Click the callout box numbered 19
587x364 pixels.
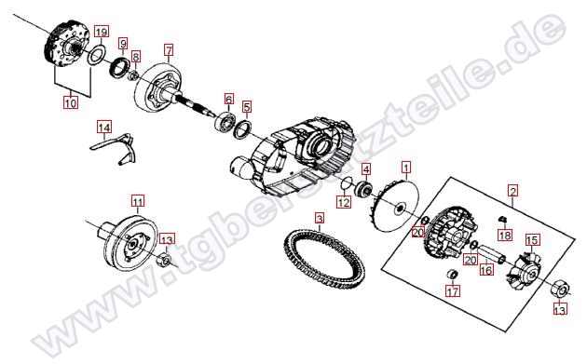click(101, 32)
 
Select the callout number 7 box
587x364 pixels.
click(169, 49)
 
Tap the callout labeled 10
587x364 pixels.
click(71, 101)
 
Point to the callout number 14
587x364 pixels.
click(104, 128)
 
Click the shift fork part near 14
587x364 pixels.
click(115, 148)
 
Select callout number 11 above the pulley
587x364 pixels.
click(138, 202)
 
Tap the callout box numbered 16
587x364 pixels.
click(486, 269)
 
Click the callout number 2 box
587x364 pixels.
click(512, 191)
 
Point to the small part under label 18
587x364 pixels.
click(503, 219)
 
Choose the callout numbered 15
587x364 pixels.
click(532, 240)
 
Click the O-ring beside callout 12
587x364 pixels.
click(347, 182)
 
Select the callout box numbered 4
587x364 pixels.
click(366, 169)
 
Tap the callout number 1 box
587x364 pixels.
click(406, 167)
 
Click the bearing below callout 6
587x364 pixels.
click(225, 121)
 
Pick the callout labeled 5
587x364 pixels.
click(246, 107)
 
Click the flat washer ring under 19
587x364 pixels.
click(96, 55)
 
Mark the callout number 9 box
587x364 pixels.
click(123, 44)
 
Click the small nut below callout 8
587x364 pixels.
click(133, 76)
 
